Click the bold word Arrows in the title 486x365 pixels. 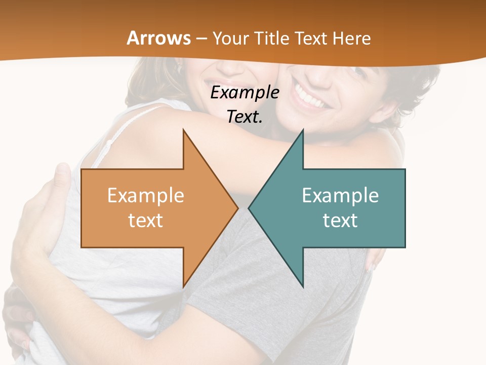pos(158,38)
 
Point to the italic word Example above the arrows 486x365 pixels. pos(245,93)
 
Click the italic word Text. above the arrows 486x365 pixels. pos(245,117)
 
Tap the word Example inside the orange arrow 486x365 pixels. pos(146,195)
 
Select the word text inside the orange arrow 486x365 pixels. pos(146,221)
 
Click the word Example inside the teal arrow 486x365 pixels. pos(340,195)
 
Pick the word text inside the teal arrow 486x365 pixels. pos(340,221)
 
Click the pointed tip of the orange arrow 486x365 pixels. pos(237,208)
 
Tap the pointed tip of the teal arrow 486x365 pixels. pos(250,208)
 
